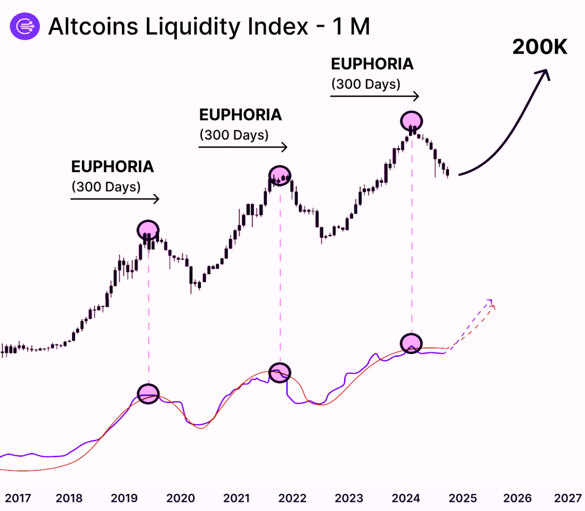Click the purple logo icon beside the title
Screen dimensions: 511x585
tap(24, 26)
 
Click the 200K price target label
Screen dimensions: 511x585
tap(540, 47)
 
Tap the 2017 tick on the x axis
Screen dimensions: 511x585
tap(18, 498)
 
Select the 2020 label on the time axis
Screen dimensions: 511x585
tap(180, 498)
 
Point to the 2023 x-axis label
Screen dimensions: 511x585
tap(349, 498)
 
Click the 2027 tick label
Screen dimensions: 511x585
tap(567, 498)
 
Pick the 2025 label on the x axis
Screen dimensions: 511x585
tap(463, 498)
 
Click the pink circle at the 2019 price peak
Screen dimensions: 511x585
tap(148, 229)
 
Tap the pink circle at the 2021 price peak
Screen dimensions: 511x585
tap(280, 175)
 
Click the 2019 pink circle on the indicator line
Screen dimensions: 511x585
tap(148, 393)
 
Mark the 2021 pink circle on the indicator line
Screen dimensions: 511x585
tap(280, 372)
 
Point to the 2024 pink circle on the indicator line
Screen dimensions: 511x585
tap(411, 343)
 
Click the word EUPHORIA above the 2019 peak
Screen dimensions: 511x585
tap(113, 167)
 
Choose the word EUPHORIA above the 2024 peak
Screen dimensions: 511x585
tap(372, 64)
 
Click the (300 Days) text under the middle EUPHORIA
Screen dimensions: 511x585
tap(234, 135)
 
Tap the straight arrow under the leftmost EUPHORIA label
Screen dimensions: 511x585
tap(115, 199)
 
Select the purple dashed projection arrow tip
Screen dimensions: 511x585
tap(490, 300)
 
